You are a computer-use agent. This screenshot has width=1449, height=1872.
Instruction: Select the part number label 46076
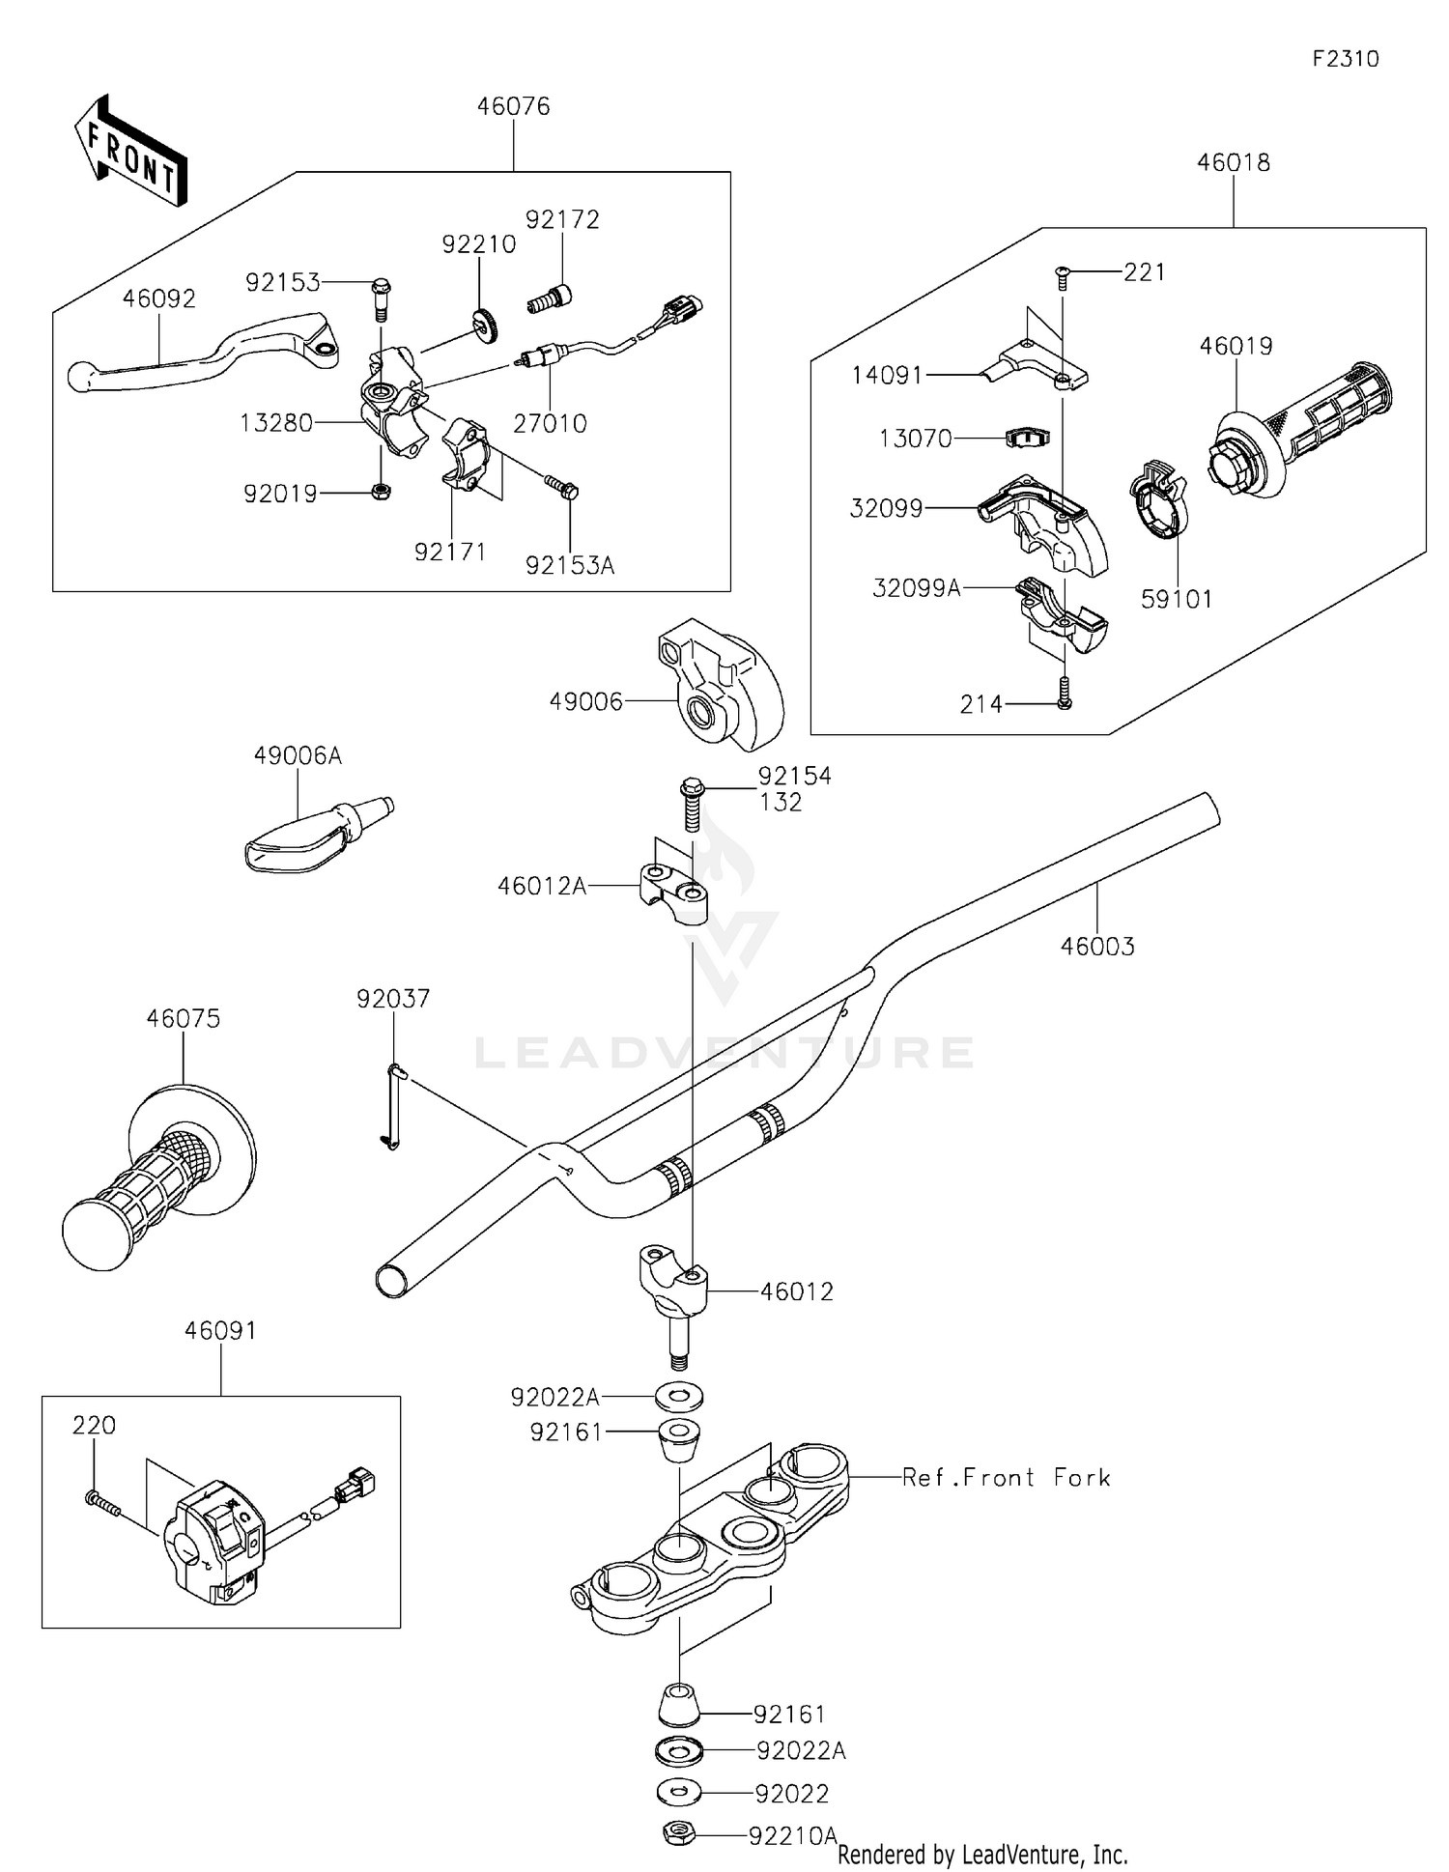point(513,106)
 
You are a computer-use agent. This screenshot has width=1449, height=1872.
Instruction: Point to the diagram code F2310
point(1346,59)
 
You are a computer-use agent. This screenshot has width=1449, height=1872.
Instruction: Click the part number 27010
point(550,423)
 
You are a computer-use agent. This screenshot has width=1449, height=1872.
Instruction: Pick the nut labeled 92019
point(381,491)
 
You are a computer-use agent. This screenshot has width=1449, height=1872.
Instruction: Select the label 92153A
point(570,565)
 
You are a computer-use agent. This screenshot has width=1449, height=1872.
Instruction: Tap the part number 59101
point(1177,599)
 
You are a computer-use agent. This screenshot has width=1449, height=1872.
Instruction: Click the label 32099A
point(917,587)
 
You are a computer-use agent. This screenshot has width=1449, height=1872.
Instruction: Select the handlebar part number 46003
point(1097,947)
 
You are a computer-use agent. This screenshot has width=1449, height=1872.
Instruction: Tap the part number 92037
point(393,999)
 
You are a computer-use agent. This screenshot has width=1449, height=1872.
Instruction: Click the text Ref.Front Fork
point(1007,1477)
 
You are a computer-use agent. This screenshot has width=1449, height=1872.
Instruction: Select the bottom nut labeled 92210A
point(681,1833)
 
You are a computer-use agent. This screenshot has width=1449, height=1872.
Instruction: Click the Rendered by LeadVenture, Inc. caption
point(982,1854)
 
